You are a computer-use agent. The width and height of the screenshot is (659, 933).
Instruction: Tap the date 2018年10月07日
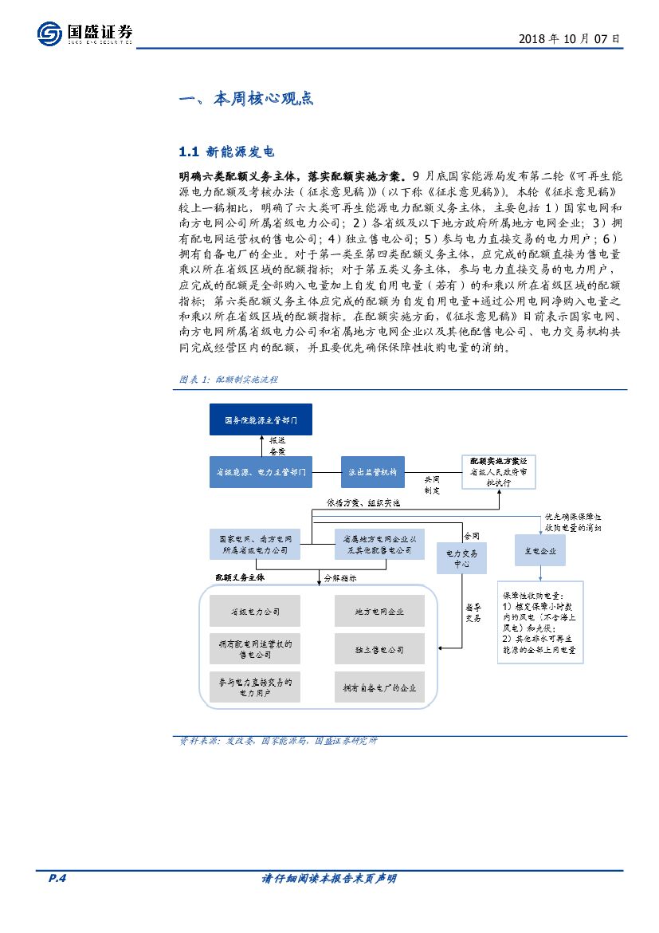point(569,37)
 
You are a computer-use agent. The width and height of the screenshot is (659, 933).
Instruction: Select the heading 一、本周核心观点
point(246,99)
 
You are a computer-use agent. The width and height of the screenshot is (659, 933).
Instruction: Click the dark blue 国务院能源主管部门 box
point(261,419)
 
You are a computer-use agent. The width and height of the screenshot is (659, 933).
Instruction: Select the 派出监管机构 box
point(373,472)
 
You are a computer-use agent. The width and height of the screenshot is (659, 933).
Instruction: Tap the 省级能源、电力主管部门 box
point(261,472)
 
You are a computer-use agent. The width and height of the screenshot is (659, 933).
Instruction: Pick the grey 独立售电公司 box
point(379,650)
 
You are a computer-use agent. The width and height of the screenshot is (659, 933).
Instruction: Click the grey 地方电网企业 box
point(379,612)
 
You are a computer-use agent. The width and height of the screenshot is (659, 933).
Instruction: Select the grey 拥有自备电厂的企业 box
point(379,687)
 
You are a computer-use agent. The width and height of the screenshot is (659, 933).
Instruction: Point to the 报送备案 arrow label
point(277,445)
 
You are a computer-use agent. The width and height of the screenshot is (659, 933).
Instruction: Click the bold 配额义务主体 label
point(239,577)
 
